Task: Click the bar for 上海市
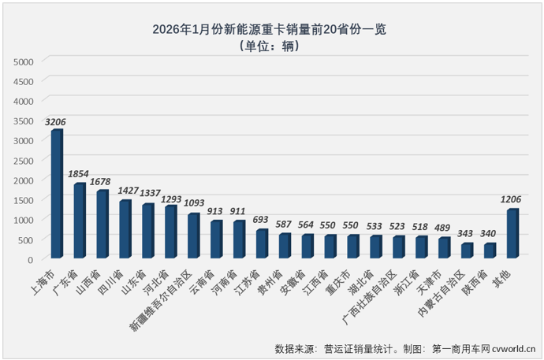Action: (57, 194)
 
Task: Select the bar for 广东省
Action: (80, 221)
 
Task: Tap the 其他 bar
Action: (512, 233)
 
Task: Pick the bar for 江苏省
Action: (262, 243)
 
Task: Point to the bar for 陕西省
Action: (490, 251)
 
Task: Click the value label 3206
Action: (56, 122)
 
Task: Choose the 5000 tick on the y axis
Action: (24, 61)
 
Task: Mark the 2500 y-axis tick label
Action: (24, 160)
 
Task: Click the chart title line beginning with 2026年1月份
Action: (273, 30)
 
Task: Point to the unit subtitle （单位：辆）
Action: (273, 47)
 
